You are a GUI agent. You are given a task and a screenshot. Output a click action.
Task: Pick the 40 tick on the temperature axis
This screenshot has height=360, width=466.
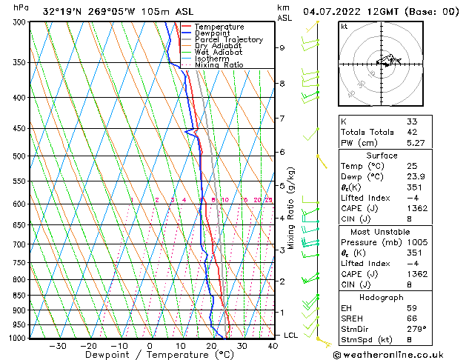point(272,345)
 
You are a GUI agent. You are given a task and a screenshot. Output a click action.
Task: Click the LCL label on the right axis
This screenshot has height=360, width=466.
point(291,335)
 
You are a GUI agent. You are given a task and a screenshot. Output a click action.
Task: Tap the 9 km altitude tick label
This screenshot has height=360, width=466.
point(282,47)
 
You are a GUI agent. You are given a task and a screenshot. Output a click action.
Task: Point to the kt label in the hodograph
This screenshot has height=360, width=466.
point(344,26)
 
